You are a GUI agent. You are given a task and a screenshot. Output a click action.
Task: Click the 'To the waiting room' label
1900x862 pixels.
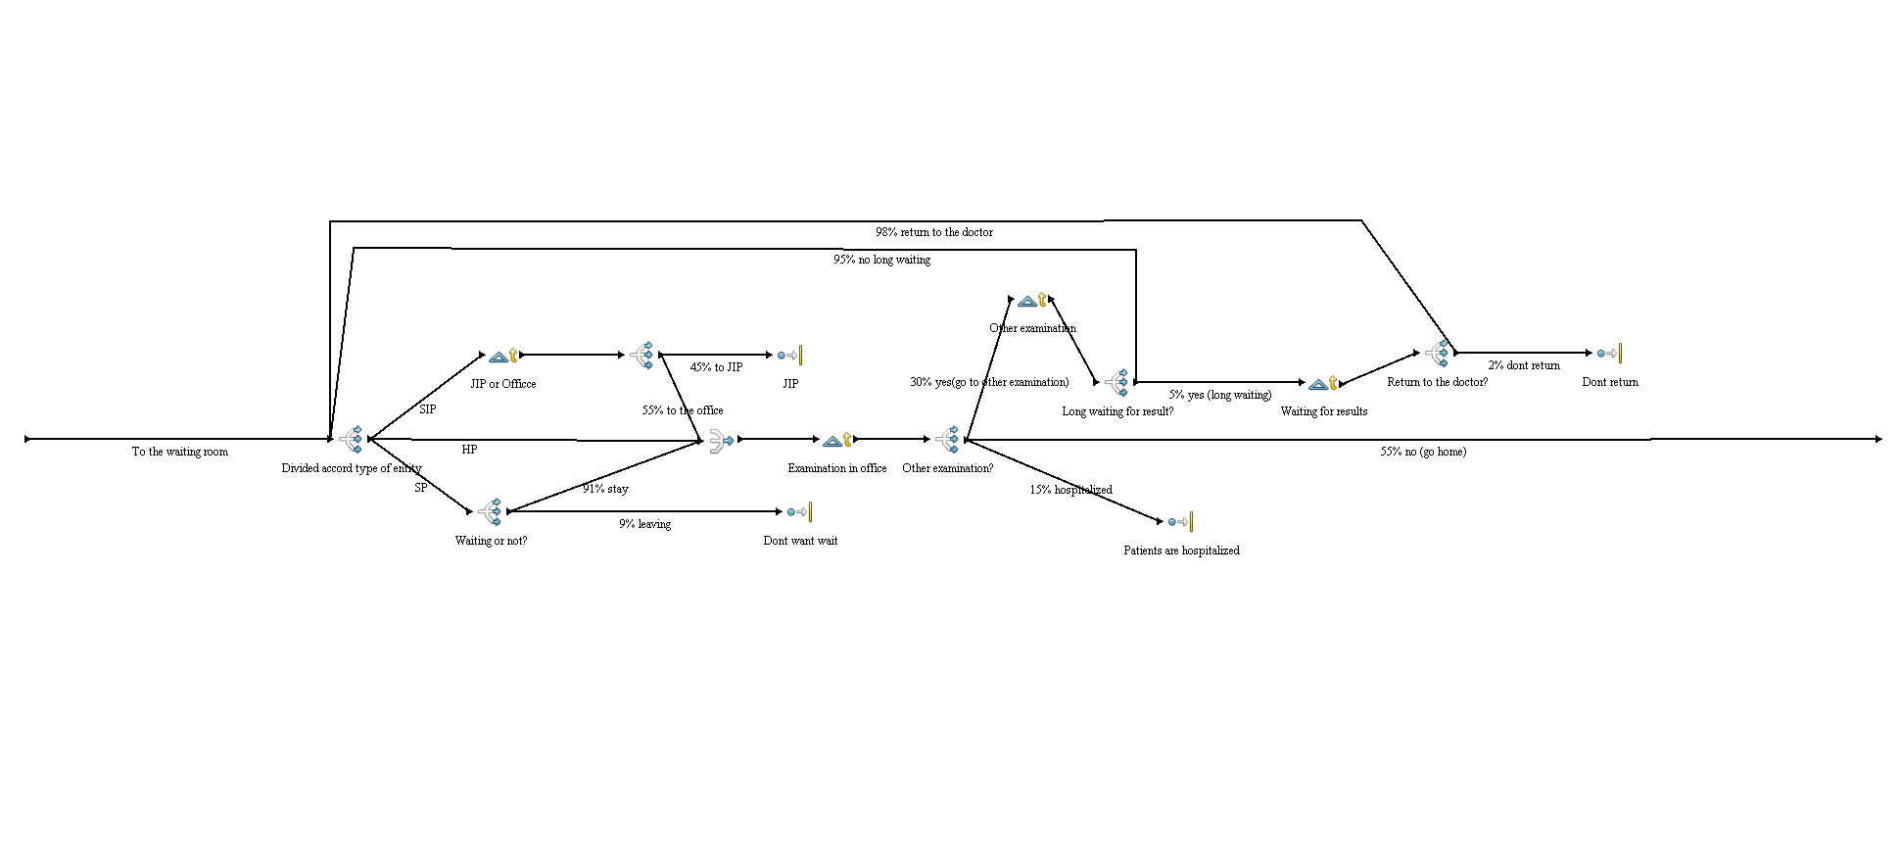click(x=179, y=452)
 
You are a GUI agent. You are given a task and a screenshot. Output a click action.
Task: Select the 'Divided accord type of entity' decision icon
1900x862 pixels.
click(x=352, y=439)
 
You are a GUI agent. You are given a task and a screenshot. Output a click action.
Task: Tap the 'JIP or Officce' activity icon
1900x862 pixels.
click(x=503, y=356)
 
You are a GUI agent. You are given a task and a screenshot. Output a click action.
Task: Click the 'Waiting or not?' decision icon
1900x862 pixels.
click(x=491, y=511)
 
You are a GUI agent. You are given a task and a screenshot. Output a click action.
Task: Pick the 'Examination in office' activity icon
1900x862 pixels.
click(x=837, y=440)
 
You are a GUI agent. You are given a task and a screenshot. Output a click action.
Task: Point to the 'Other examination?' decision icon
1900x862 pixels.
click(x=948, y=439)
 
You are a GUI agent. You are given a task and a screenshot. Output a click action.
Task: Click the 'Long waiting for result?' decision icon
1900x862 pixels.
click(x=1116, y=382)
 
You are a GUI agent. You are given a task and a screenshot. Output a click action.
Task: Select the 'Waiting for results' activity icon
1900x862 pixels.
click(x=1323, y=383)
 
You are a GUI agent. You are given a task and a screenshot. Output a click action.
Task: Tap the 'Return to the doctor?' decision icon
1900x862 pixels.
click(x=1438, y=353)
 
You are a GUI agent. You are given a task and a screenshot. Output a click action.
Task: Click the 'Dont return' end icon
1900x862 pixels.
click(x=1609, y=354)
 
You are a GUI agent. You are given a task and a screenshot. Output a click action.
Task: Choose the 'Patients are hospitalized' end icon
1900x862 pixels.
click(x=1180, y=522)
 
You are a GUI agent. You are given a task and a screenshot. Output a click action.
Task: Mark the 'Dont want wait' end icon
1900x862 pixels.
click(x=799, y=511)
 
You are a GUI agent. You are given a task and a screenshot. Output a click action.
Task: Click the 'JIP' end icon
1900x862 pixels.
click(x=789, y=356)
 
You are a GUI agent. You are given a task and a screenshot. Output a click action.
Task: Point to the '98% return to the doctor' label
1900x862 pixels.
click(x=933, y=232)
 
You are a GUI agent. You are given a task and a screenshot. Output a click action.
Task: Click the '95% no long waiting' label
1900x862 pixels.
click(x=881, y=260)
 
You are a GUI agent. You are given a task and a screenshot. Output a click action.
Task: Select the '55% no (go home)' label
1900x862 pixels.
click(x=1423, y=452)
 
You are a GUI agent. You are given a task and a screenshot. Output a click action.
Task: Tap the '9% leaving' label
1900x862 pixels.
click(x=644, y=524)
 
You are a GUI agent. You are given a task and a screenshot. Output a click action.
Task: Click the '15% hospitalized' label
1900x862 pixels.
click(x=1070, y=490)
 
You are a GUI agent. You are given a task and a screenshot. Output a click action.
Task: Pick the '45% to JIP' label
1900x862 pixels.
click(x=716, y=367)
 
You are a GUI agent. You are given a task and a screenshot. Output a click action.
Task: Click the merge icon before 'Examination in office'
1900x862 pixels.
click(x=721, y=440)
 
